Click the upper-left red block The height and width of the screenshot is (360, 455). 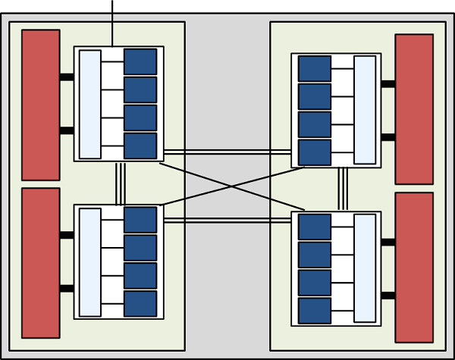pos(41,105)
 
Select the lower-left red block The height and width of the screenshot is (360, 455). pos(41,262)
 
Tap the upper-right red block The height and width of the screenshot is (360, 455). pos(414,109)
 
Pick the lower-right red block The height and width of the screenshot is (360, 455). pos(414,268)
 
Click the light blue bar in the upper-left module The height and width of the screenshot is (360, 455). pos(90,105)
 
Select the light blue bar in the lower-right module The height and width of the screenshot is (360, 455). pos(365,268)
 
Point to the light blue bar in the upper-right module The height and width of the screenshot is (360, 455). pos(365,109)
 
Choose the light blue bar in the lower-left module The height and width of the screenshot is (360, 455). pos(90,262)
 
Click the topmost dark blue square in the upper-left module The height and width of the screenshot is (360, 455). pos(140,61)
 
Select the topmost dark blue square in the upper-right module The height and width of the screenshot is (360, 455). pos(315,68)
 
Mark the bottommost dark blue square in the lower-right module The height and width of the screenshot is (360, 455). pos(315,310)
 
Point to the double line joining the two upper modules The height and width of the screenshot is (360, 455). pos(227,152)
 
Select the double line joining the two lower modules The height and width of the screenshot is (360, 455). pos(227,220)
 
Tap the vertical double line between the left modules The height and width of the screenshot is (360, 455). pos(119,183)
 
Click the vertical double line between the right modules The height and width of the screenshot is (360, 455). pos(343,189)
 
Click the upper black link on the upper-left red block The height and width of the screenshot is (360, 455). pos(67,77)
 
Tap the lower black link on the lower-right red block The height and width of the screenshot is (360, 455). pos(388,295)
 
